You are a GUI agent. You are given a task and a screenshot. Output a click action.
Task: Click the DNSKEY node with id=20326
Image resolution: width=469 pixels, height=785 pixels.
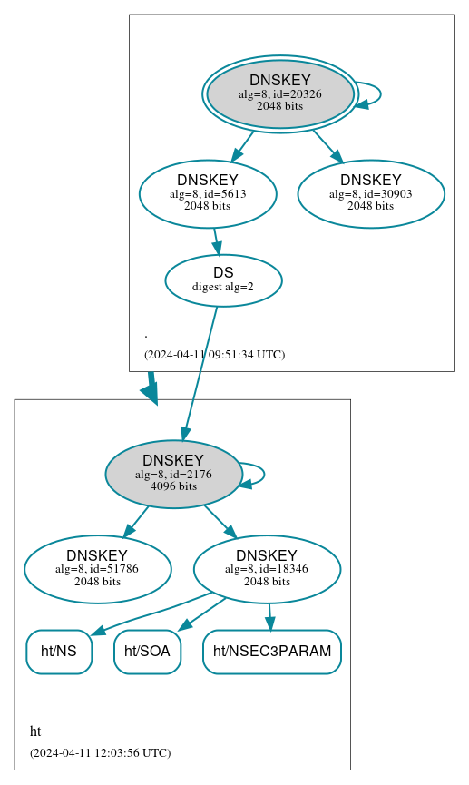pyautogui.click(x=279, y=94)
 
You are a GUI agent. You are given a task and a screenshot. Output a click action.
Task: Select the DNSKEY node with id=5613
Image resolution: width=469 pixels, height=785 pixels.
pyautogui.click(x=207, y=193)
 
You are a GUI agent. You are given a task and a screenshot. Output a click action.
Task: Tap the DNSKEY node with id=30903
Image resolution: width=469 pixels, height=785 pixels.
pyautogui.click(x=370, y=193)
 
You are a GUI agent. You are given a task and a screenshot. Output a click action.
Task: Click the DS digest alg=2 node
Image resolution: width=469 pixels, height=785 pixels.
pyautogui.click(x=223, y=280)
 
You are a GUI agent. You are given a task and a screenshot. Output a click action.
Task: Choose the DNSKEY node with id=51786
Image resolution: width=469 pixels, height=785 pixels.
pyautogui.click(x=97, y=569)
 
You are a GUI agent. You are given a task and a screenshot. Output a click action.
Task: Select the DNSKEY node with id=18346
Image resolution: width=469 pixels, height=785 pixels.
pyautogui.click(x=267, y=569)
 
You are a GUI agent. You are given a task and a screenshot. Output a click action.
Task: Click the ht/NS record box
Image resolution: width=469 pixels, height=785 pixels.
pyautogui.click(x=59, y=652)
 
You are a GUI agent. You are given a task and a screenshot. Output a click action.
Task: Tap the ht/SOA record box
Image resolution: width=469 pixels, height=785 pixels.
pyautogui.click(x=147, y=652)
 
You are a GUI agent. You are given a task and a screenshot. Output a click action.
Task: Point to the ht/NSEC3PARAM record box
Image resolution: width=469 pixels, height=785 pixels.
pyautogui.click(x=271, y=652)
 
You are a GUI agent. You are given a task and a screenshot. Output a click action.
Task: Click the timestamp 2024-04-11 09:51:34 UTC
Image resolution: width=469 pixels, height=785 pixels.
pyautogui.click(x=214, y=354)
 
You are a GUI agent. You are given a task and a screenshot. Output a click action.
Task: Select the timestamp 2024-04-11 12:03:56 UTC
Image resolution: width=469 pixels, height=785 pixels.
pyautogui.click(x=100, y=752)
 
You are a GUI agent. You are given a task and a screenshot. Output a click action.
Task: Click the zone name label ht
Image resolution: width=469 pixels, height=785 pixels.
pyautogui.click(x=35, y=731)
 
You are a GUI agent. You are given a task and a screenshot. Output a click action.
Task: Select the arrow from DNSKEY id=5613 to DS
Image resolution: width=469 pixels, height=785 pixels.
pyautogui.click(x=216, y=241)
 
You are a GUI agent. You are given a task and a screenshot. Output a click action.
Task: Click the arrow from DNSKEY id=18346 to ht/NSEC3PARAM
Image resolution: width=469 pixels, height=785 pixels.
pyautogui.click(x=269, y=616)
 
